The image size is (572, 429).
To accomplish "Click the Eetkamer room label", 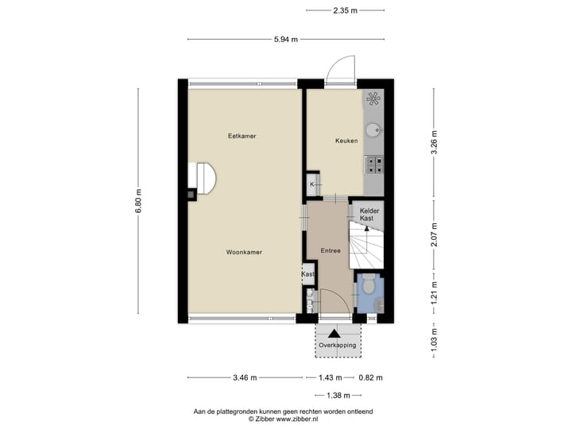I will click(x=242, y=136).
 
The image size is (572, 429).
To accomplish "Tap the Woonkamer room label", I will click(x=244, y=252).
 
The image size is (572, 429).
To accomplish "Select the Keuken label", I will click(x=346, y=141).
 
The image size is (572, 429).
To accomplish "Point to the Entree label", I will click(x=330, y=251).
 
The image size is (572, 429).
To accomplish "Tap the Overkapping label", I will click(x=338, y=346).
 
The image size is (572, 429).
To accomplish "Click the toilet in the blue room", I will click(x=369, y=283).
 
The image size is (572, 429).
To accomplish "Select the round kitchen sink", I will click(x=373, y=131).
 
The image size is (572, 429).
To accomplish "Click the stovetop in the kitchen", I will click(x=373, y=164).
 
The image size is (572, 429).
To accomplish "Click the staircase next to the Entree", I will click(x=367, y=249).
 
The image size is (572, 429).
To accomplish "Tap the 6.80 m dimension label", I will click(x=138, y=202).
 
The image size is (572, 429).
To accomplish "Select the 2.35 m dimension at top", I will click(x=345, y=10).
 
